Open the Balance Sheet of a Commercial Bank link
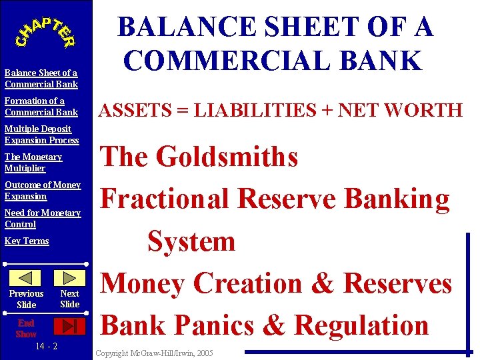pyautogui.click(x=41, y=79)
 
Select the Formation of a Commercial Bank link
pyautogui.click(x=41, y=107)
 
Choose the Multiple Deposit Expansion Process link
pyautogui.click(x=41, y=135)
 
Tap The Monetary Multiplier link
pyautogui.click(x=33, y=163)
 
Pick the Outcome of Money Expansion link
pyautogui.click(x=42, y=191)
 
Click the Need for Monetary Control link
pyautogui.click(x=42, y=219)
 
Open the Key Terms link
pyautogui.click(x=27, y=241)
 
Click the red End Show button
pyautogui.click(x=69, y=326)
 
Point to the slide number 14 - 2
pyautogui.click(x=46, y=346)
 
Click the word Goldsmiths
pyautogui.click(x=227, y=157)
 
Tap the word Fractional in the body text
pyautogui.click(x=166, y=199)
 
